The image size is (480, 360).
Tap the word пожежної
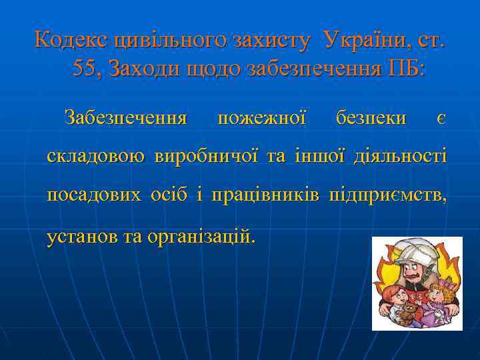[261, 119]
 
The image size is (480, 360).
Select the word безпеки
[371, 119]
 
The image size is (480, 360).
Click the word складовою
[95, 157]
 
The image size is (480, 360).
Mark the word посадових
[94, 196]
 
